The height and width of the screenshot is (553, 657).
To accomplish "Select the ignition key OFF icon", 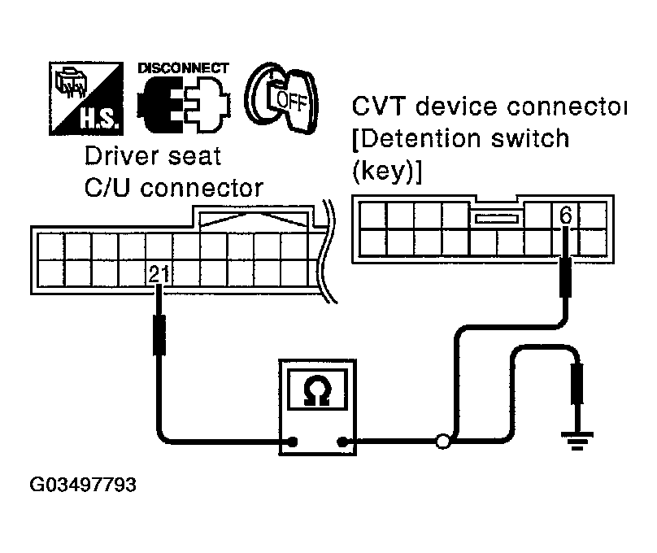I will click(x=276, y=99).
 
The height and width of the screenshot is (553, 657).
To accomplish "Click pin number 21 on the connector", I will click(x=159, y=275).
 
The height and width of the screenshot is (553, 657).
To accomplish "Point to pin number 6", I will click(x=566, y=216).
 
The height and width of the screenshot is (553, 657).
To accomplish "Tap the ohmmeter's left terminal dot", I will click(x=292, y=443).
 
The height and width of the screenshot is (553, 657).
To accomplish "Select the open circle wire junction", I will click(x=443, y=443).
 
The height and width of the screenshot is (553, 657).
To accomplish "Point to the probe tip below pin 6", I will click(x=567, y=276).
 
